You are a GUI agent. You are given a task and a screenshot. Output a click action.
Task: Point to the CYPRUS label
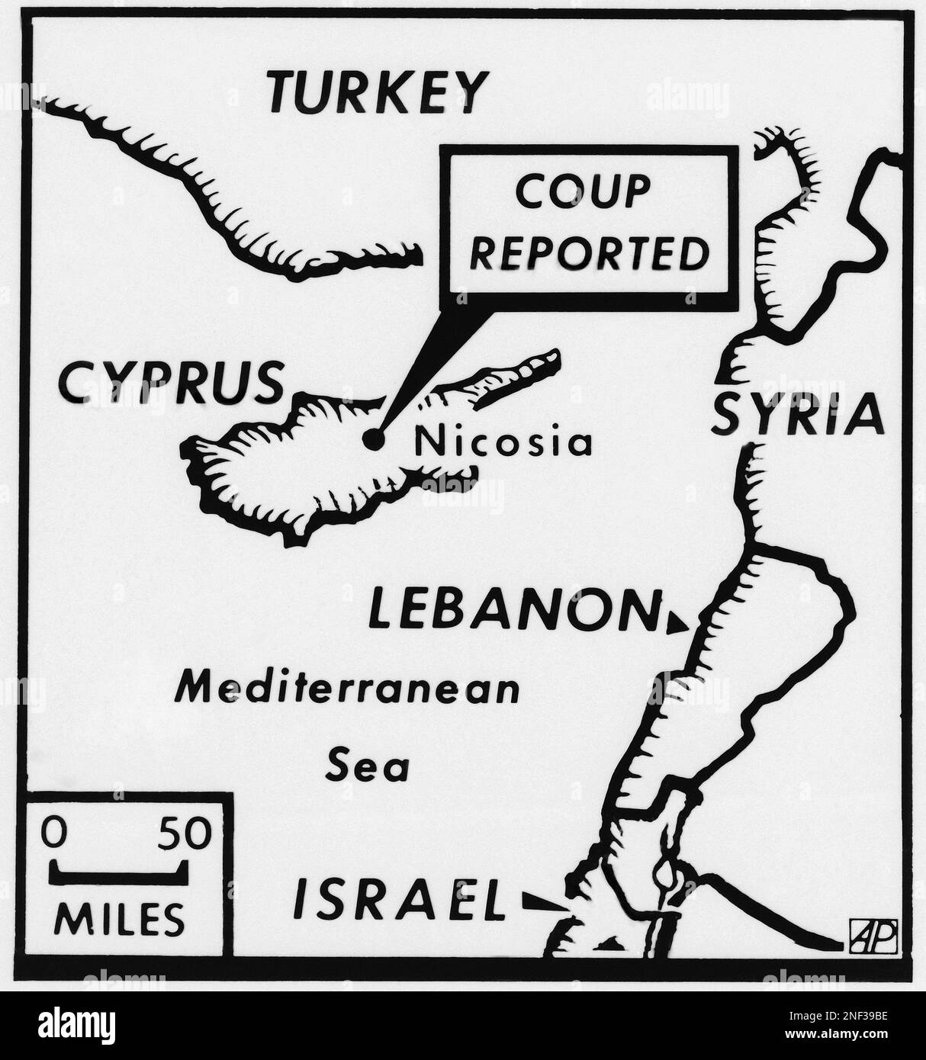click(169, 383)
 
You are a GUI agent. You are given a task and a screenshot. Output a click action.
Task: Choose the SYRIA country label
click(797, 416)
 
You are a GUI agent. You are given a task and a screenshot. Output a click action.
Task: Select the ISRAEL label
click(400, 900)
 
